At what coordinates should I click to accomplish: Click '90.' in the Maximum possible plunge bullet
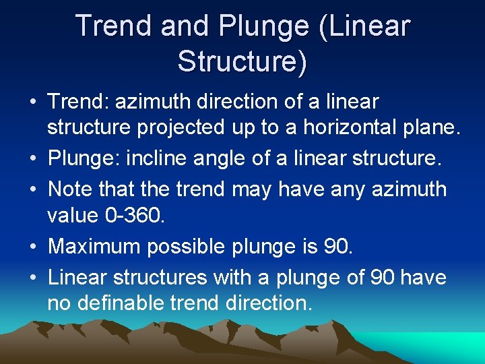click(337, 246)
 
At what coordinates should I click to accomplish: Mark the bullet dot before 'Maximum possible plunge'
click(33, 247)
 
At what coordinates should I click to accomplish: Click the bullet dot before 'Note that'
click(33, 189)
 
